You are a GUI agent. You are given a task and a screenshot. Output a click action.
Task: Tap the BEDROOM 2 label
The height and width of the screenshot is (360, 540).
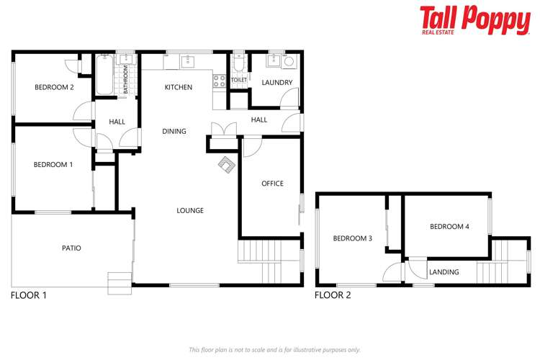[x=54, y=88]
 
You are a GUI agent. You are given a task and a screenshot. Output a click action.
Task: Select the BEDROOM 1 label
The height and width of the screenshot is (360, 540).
[x=53, y=165]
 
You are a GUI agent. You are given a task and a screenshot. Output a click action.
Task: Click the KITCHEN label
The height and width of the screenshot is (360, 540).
[x=179, y=87]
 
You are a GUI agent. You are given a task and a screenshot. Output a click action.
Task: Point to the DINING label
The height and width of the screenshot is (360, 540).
[x=174, y=132]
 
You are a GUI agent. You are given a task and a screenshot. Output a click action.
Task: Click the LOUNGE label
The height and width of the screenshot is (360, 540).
[x=190, y=211]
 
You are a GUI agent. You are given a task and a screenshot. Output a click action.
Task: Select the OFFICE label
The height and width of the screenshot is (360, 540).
[x=272, y=184]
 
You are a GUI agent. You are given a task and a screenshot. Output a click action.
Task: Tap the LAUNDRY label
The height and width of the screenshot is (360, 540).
[x=276, y=83]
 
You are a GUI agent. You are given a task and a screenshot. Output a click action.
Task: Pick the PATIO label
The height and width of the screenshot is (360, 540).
[x=71, y=248]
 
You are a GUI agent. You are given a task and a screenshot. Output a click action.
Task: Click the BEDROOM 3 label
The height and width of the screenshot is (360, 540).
[x=352, y=238]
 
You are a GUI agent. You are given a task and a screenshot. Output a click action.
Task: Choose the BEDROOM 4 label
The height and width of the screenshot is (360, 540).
[x=449, y=227]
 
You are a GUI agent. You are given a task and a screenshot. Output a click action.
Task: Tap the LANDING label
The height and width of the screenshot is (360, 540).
[x=444, y=272]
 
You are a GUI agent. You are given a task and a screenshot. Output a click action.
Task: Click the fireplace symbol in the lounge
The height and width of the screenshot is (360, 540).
[x=227, y=165]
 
